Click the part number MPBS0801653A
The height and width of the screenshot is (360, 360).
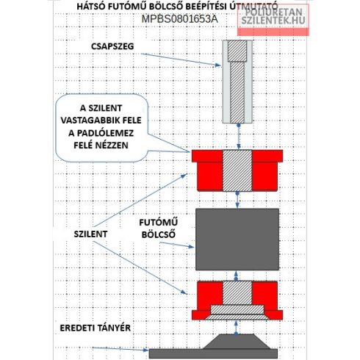(179, 19)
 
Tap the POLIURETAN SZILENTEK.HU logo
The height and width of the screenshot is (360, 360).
(273, 20)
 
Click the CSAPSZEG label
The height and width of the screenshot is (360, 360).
(112, 46)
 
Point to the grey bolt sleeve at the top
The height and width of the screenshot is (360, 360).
(237, 82)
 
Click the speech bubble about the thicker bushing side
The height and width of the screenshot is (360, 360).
(101, 128)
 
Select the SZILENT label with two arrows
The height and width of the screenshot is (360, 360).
(90, 234)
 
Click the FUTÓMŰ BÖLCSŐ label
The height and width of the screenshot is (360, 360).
(159, 228)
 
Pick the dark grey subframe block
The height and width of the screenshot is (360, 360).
(237, 240)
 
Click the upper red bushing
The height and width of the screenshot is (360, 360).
(237, 170)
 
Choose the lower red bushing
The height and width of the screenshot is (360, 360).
(237, 300)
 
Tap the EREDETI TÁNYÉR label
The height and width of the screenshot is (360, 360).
(96, 328)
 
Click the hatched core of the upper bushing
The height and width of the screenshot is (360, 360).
(237, 170)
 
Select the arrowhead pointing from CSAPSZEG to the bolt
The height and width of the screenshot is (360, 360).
(218, 65)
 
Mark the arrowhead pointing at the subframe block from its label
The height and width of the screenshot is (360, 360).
(191, 247)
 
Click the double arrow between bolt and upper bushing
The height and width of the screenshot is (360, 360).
(239, 137)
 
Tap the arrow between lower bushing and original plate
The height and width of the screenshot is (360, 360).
(236, 328)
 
